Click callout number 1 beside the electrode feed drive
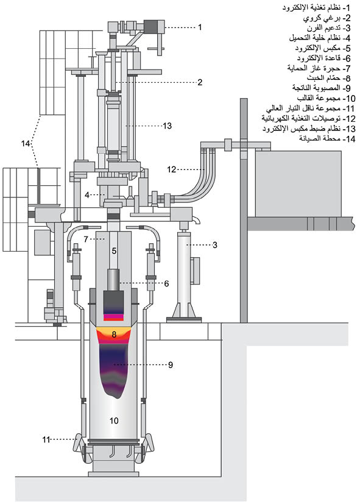tap(200, 27)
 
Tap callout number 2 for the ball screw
tap(200, 82)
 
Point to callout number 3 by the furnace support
tap(215, 245)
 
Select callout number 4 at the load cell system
tap(87, 195)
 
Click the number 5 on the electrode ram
tap(114, 250)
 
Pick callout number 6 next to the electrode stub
tap(166, 283)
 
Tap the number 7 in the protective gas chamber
tap(86, 239)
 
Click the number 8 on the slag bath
tap(114, 335)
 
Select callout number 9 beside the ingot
tap(170, 364)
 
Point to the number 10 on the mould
tap(114, 421)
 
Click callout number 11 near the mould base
tap(46, 439)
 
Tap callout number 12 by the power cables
tap(172, 169)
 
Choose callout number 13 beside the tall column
tap(168, 126)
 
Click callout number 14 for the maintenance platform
tap(26, 143)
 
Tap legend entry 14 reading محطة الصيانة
tap(327, 139)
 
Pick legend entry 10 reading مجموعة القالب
tap(326, 98)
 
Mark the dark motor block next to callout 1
tap(154, 26)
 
